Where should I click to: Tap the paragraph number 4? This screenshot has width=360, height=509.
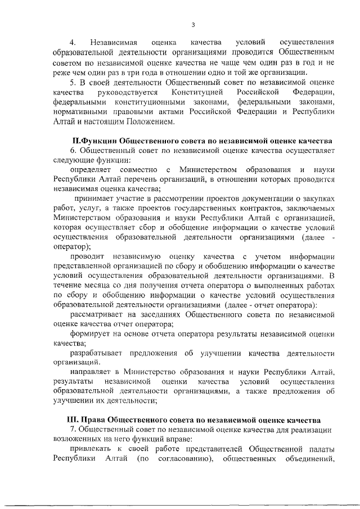point(72,43)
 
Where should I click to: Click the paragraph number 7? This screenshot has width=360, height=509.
point(73,430)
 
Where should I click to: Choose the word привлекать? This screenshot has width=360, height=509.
point(93,449)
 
